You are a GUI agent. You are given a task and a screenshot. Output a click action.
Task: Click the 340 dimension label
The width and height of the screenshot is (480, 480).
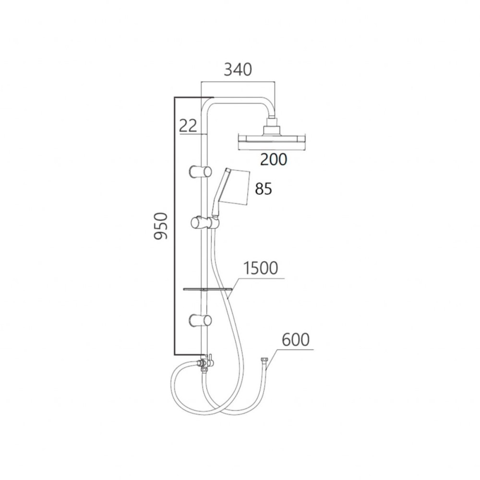238,70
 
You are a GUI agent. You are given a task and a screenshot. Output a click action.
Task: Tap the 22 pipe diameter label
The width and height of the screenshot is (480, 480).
188,125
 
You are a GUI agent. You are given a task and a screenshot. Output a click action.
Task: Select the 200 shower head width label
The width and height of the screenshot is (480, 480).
274,159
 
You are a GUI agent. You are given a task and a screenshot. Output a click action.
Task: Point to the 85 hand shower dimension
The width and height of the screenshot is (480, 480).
263,189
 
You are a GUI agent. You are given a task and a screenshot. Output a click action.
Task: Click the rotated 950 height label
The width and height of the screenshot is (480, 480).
161,226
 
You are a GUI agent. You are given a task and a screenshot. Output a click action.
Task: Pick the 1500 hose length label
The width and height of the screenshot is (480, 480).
261,268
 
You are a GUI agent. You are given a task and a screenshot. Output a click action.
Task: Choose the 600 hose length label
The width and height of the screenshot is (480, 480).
295,339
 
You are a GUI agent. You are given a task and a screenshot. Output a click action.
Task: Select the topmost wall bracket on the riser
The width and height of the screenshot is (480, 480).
200,172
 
